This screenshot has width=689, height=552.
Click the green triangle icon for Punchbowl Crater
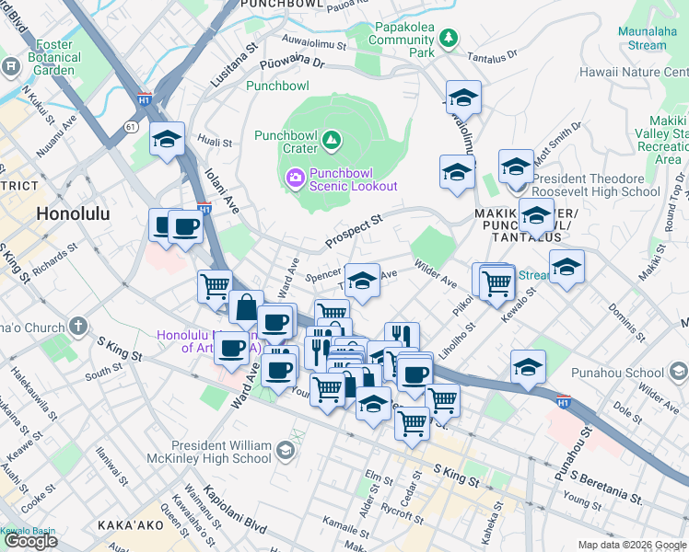pos(331,142)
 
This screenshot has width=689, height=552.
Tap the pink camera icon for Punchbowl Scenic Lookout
pos(296,176)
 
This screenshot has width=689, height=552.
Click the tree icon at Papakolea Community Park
pos(448,38)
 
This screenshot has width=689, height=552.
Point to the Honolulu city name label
pos(73,213)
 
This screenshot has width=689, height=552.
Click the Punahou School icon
pos(679,371)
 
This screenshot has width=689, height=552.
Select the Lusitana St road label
pos(233,63)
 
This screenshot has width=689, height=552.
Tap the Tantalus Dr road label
pos(492,57)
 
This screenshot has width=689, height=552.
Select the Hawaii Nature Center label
pos(634,72)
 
